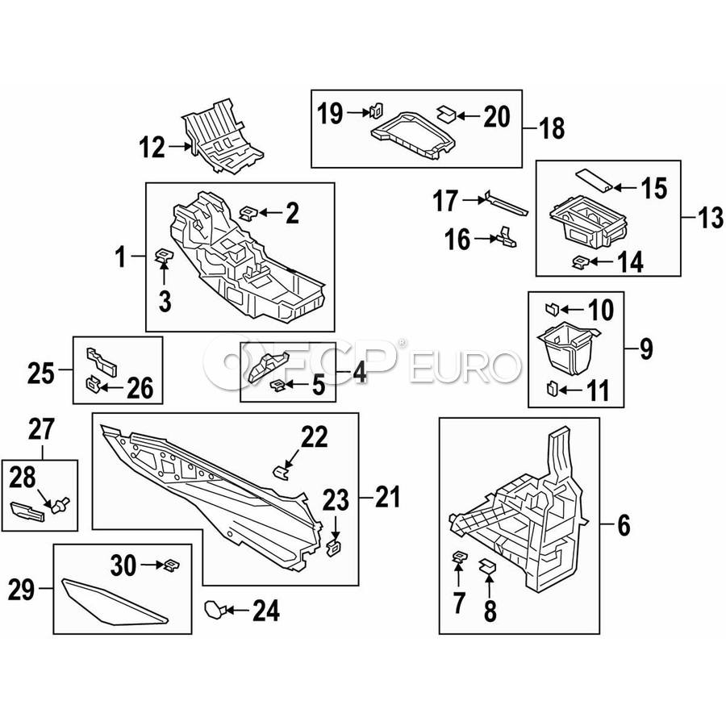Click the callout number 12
(x=152, y=148)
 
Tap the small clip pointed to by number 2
(x=248, y=213)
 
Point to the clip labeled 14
(x=579, y=261)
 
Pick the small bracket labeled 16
(x=507, y=236)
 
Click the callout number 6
(x=623, y=527)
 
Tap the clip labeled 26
(x=94, y=383)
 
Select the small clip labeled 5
(x=277, y=386)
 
